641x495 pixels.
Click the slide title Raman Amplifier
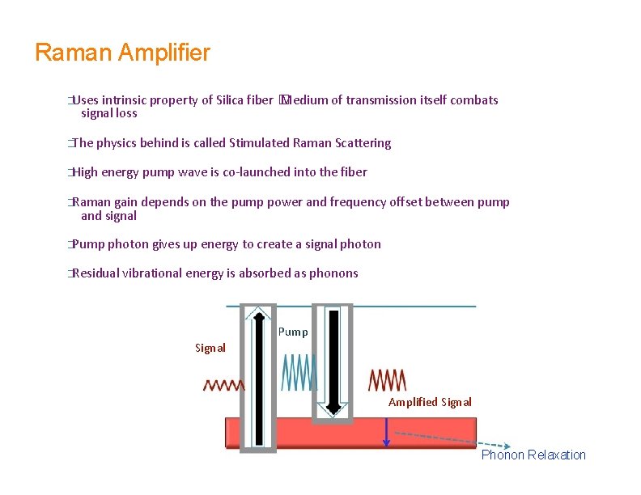pos(123,53)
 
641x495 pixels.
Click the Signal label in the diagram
pos(210,348)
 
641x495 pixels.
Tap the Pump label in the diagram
pos(293,332)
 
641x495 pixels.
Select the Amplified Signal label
pos(430,402)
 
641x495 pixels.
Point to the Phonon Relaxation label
pos(533,455)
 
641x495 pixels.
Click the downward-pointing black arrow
pos(333,360)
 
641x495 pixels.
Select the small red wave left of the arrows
pos(224,385)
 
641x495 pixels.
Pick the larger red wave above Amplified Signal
pos(388,379)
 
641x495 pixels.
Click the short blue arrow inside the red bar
pos(387,433)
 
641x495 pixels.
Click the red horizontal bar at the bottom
pos(308,433)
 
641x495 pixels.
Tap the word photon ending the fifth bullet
pos(362,244)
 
